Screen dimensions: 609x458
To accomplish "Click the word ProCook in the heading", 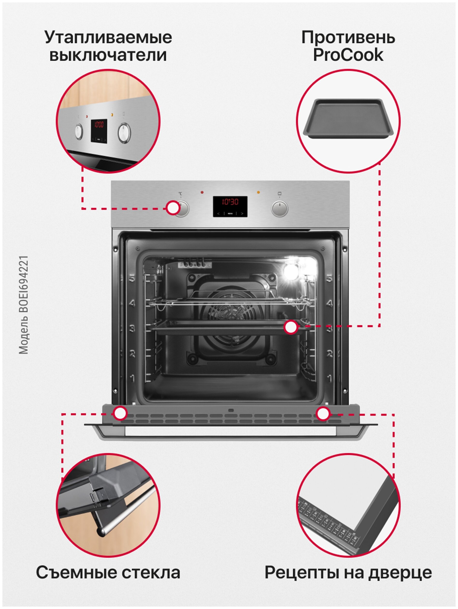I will click(x=348, y=55).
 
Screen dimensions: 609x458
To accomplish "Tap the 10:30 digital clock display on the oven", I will click(x=230, y=202).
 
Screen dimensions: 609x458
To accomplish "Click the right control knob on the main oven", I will click(x=280, y=208).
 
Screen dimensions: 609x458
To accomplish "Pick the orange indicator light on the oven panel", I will click(x=258, y=192).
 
